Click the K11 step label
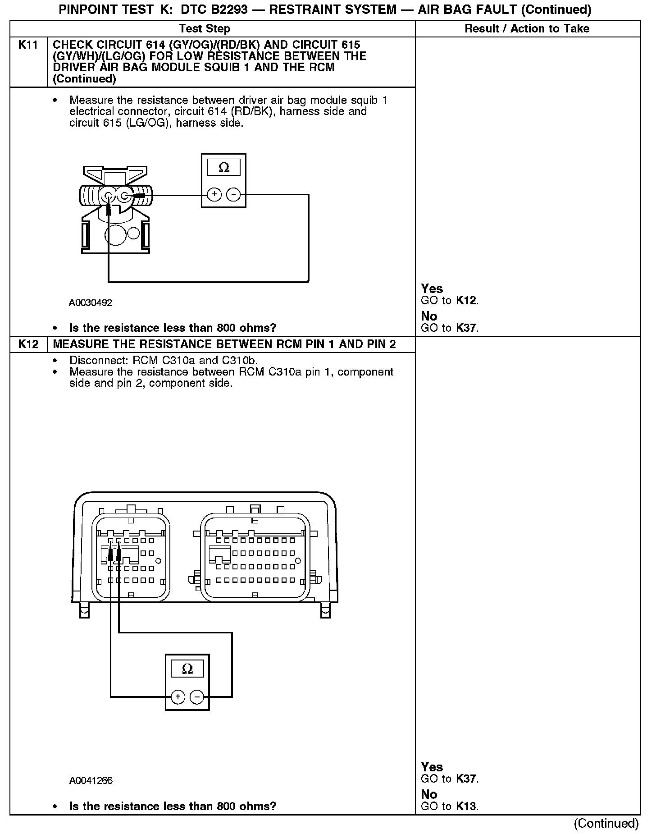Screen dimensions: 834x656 point(28,45)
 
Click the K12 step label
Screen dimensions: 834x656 point(28,344)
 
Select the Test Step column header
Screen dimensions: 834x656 point(205,29)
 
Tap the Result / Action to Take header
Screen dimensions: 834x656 point(527,29)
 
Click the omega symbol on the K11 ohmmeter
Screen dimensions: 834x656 point(224,168)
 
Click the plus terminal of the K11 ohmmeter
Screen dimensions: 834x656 point(214,195)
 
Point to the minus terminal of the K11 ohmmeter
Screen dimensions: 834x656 point(233,195)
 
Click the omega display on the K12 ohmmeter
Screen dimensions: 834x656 point(187,669)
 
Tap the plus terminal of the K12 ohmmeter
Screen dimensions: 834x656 point(178,697)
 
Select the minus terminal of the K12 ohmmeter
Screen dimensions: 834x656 point(197,697)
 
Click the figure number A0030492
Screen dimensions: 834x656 point(91,303)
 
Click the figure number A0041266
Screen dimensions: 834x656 point(91,781)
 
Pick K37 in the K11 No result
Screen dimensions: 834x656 point(466,328)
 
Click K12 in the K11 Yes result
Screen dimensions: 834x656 point(466,301)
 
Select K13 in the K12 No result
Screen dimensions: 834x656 point(466,807)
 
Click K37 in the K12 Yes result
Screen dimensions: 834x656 point(466,779)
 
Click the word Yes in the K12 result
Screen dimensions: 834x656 point(432,767)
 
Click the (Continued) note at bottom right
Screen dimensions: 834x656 point(606,824)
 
